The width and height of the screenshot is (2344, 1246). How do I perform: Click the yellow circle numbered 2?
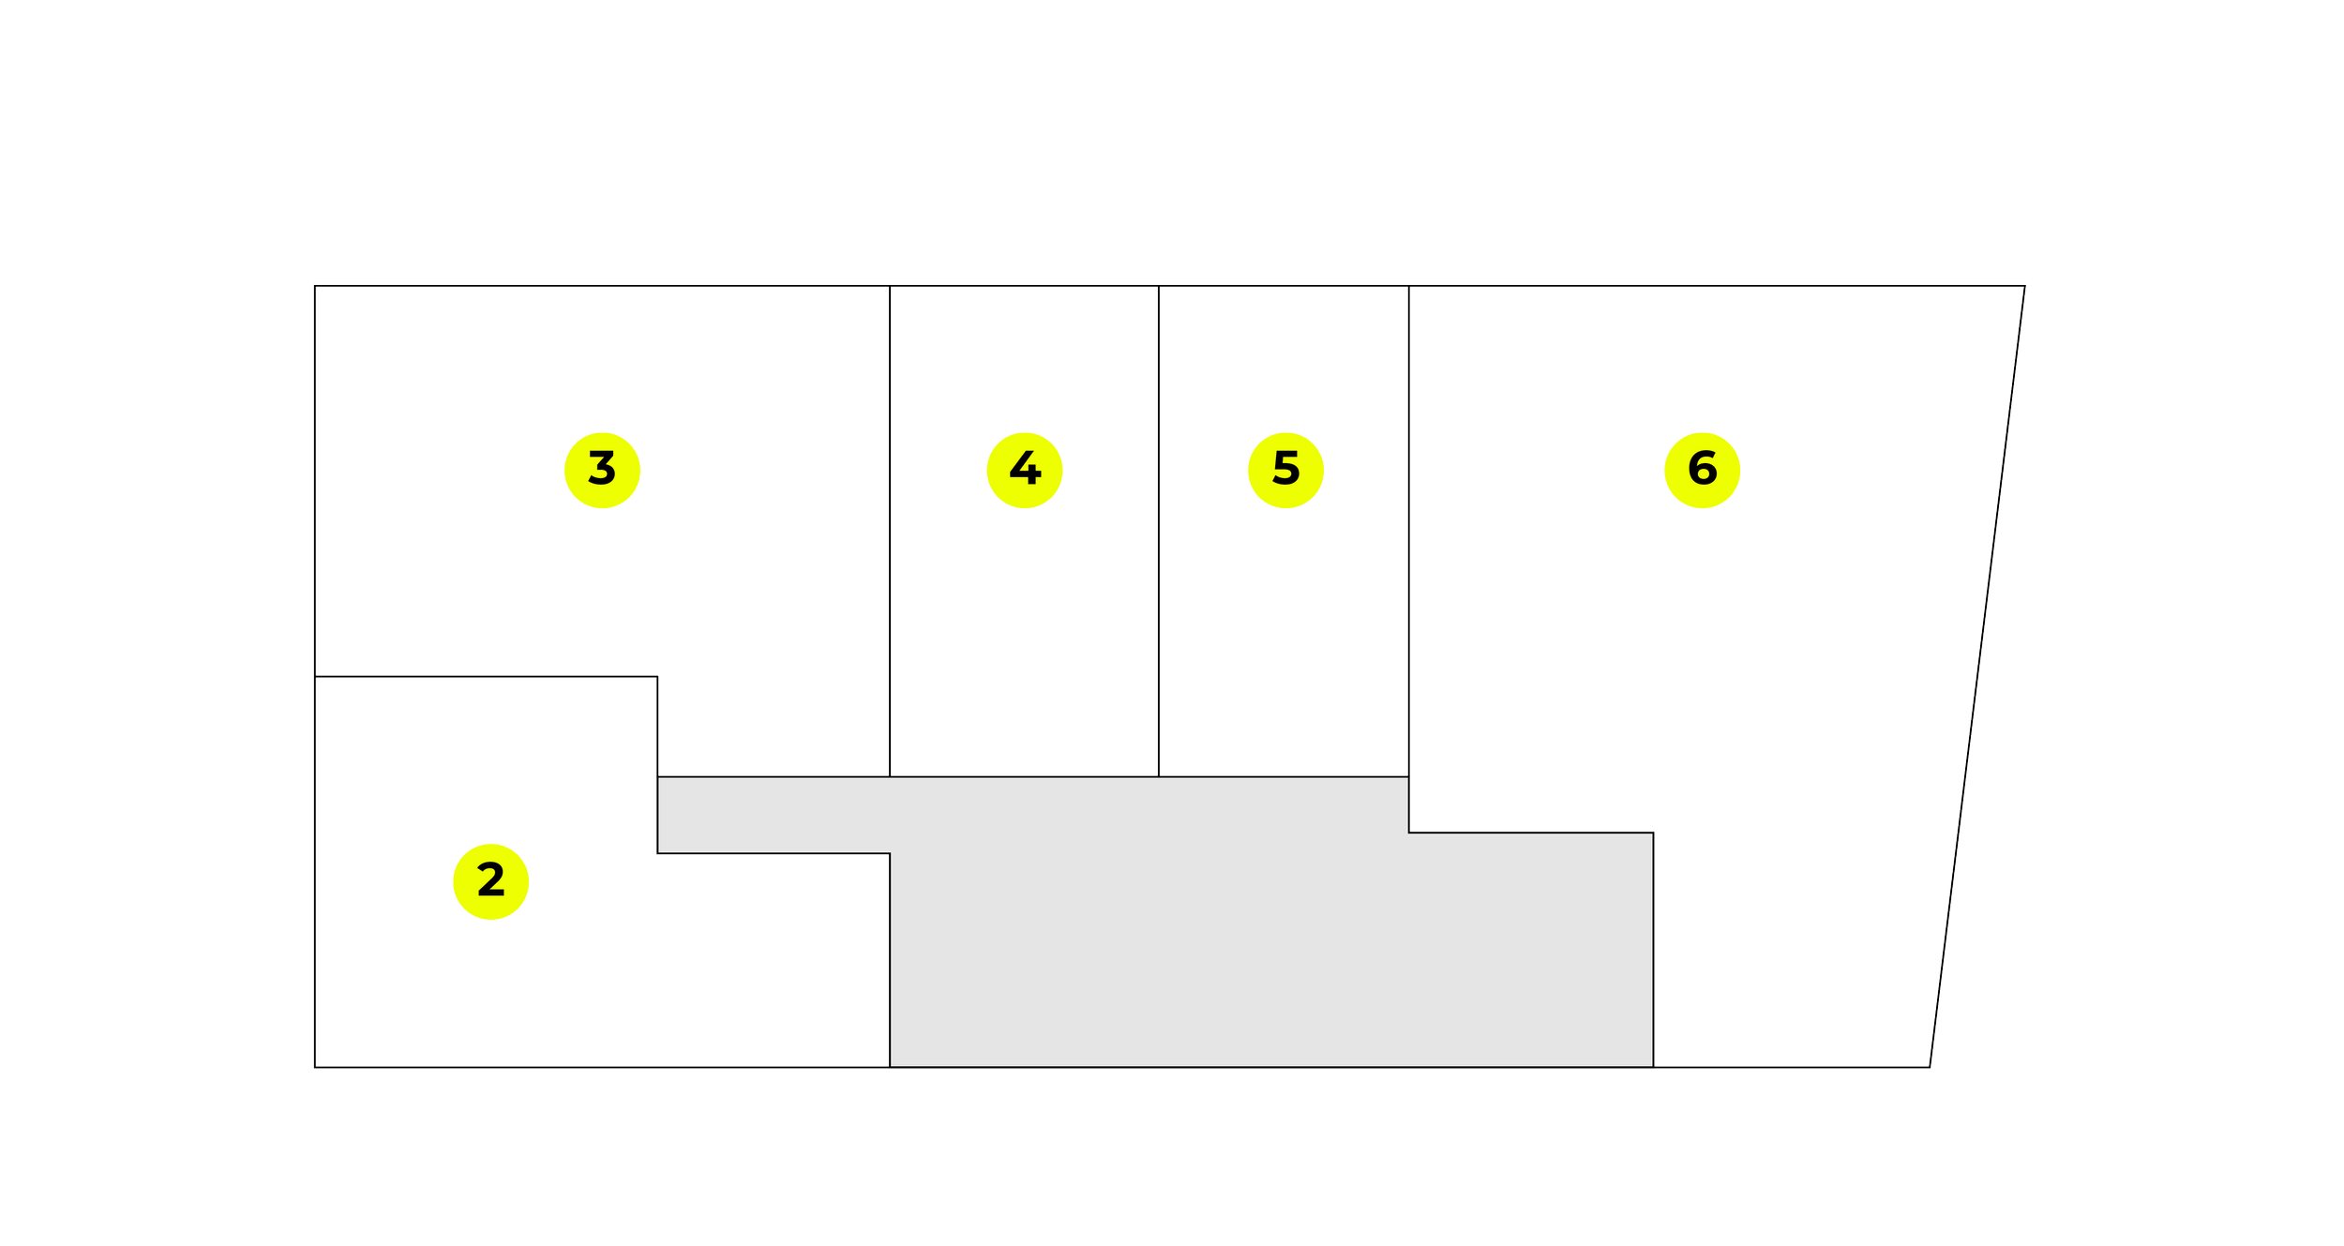tap(490, 881)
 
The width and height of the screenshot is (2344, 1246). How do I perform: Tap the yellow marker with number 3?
tap(602, 471)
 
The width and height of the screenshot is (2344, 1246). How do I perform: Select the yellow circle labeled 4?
tap(1025, 471)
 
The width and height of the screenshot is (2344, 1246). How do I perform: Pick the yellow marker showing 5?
tap(1285, 471)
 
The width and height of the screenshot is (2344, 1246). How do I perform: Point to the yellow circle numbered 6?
tap(1703, 471)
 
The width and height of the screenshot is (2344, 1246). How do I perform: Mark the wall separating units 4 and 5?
tap(1159, 531)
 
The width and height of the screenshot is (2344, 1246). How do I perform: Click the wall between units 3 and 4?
tap(890, 531)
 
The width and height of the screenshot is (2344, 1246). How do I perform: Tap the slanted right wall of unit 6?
tap(1977, 676)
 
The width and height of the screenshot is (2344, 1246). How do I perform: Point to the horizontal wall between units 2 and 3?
tap(486, 676)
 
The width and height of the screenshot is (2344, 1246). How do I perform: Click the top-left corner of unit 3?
tap(315, 286)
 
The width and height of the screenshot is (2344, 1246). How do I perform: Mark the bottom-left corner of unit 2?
tap(315, 1067)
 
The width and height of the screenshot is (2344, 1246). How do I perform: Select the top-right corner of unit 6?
tap(2024, 286)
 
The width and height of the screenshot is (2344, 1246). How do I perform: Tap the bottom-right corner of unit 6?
tap(1930, 1067)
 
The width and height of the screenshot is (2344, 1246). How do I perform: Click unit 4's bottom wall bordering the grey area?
tap(1024, 776)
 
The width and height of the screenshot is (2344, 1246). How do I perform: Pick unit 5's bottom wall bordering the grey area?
tap(1284, 776)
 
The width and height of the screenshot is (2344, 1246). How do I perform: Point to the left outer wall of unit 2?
tap(315, 872)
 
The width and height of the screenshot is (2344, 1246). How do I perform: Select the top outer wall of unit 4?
tap(1024, 286)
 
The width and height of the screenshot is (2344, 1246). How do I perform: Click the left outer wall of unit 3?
tap(315, 481)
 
